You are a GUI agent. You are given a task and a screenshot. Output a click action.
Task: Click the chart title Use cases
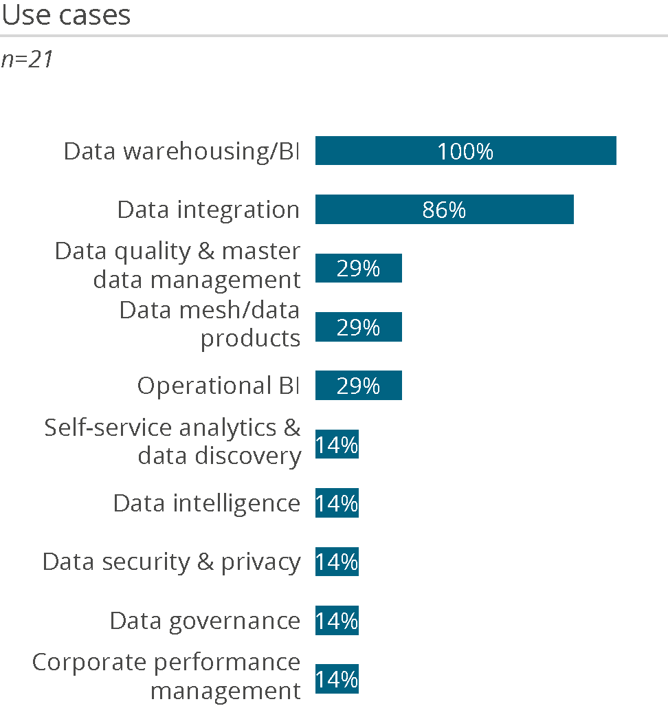[x=66, y=15]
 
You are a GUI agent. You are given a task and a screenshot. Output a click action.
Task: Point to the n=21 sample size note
[x=27, y=60]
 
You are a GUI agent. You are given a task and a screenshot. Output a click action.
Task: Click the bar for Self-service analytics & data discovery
[x=337, y=445]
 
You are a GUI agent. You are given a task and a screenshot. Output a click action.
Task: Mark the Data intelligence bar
[x=337, y=503]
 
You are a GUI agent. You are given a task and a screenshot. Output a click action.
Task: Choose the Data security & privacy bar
[x=337, y=562]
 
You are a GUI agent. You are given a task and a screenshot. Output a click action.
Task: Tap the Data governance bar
[x=337, y=621]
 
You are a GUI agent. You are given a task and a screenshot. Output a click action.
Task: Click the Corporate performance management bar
[x=337, y=680]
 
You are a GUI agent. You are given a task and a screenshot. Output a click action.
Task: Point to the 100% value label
[x=465, y=151]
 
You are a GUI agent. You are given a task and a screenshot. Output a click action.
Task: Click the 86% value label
[x=444, y=210]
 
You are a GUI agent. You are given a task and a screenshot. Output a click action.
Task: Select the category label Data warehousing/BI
[x=181, y=151]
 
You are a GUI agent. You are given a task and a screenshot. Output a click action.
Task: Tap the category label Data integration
[x=208, y=210]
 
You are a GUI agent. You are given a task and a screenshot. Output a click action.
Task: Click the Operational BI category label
[x=219, y=386]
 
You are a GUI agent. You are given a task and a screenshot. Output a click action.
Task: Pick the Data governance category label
[x=205, y=621]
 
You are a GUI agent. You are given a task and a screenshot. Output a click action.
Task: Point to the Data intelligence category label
[x=206, y=504]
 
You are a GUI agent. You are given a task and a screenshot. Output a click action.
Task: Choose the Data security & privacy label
[x=171, y=562]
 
